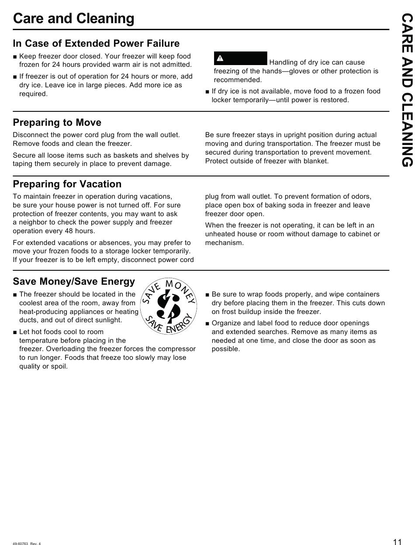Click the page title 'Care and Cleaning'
74,19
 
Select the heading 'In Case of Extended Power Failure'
96,44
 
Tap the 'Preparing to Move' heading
57,122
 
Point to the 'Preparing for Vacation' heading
67,184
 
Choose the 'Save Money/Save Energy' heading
74,281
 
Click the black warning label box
240,58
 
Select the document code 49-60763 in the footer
21,543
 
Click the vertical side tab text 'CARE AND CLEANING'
407,90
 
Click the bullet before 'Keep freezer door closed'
15,57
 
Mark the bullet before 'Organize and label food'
207,324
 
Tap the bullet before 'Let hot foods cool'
15,332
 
